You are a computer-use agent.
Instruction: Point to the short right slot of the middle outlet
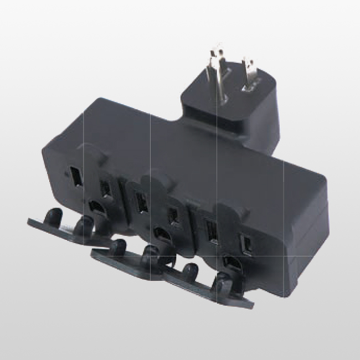[x=174, y=215]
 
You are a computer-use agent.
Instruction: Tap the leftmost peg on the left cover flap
[x=53, y=215]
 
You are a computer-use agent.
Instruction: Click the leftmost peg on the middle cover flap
[x=117, y=245]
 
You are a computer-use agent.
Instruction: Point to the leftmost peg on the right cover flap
[x=190, y=271]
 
